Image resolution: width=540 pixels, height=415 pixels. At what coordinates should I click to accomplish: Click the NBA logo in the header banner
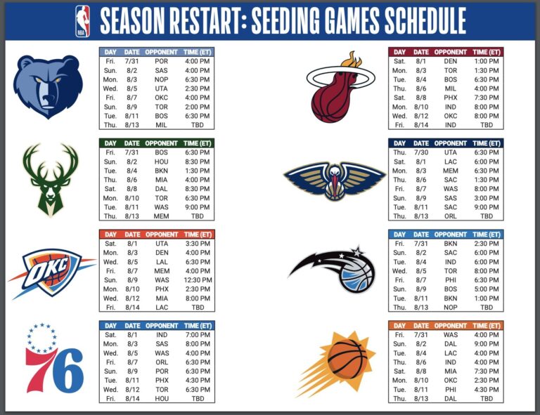[x=82, y=21]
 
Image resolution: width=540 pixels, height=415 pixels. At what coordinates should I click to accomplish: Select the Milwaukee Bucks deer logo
[x=50, y=178]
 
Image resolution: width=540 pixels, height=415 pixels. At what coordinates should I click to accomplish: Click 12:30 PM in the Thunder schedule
[x=198, y=279]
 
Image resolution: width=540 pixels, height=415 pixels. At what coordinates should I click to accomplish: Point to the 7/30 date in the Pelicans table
[x=420, y=152]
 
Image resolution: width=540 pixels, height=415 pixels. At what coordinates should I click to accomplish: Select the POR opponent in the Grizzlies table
[x=161, y=61]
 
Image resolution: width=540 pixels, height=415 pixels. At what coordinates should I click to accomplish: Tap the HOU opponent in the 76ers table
[x=161, y=399]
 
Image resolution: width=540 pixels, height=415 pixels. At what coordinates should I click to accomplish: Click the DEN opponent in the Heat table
[x=450, y=61]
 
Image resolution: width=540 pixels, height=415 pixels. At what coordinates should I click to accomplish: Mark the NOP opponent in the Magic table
[x=450, y=308]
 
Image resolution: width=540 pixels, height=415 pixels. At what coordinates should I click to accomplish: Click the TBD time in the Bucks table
[x=198, y=216]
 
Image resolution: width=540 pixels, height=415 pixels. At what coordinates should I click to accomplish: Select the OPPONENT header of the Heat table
[x=450, y=52]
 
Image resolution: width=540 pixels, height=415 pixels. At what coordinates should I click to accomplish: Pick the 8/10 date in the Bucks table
[x=131, y=198]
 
